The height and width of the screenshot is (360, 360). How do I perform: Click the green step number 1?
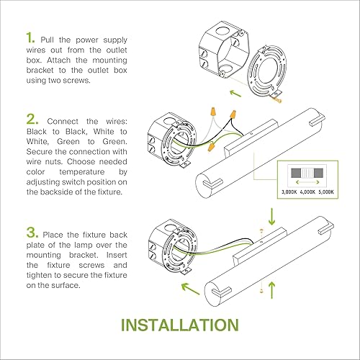point(30,38)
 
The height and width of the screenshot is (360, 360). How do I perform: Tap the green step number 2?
point(31,119)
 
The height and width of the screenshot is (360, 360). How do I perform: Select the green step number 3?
point(31,233)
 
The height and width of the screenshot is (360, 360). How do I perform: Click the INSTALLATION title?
point(180,325)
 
